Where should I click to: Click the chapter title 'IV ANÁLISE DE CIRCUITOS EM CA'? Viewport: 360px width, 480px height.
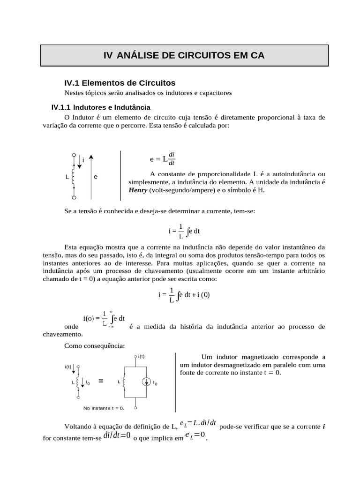click(x=184, y=55)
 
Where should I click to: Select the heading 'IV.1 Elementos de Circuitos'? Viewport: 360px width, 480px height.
click(x=120, y=83)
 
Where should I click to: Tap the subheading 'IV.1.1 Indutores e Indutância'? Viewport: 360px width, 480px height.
click(x=101, y=107)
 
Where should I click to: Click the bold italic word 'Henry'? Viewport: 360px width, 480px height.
click(x=138, y=190)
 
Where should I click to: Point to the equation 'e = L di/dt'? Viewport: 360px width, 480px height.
click(x=162, y=159)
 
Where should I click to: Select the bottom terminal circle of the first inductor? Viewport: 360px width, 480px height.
click(x=74, y=198)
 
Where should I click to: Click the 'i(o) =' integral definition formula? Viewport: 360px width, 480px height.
click(x=104, y=319)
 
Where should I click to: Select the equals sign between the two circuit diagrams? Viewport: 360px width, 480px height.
click(x=101, y=382)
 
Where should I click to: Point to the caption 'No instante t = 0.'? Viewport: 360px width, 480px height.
click(x=104, y=408)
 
